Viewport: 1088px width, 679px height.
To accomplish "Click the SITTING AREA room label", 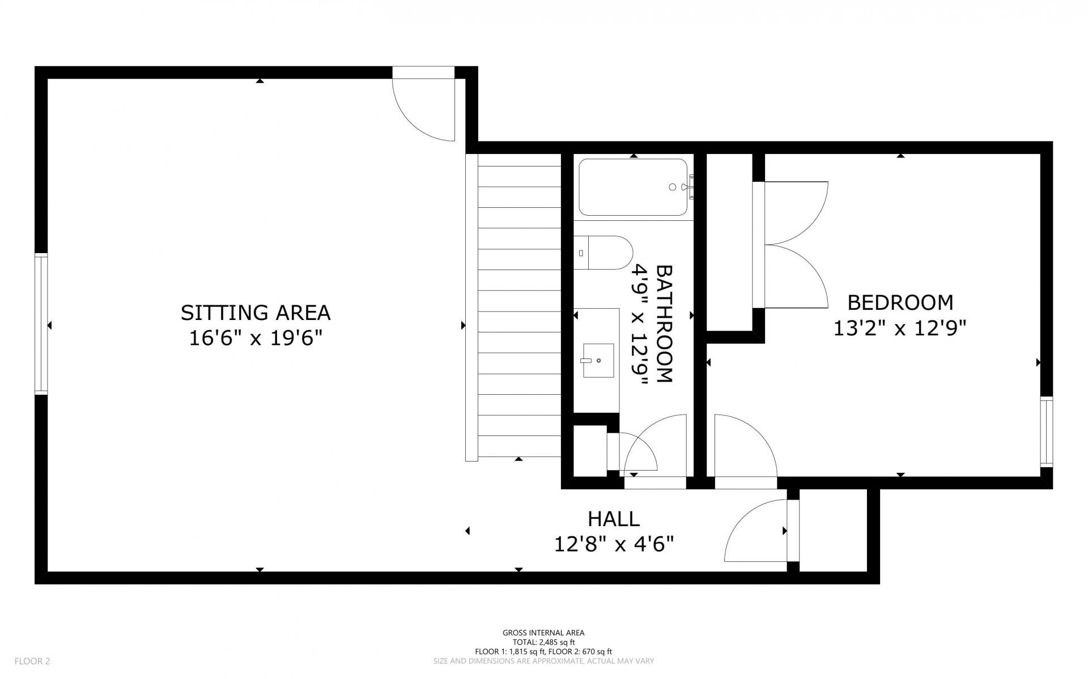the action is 256,313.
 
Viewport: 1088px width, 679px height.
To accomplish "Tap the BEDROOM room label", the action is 900,302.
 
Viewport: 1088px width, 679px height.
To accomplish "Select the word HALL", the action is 614,519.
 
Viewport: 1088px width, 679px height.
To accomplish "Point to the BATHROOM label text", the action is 664,324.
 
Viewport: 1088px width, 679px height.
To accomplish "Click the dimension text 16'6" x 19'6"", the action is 256,338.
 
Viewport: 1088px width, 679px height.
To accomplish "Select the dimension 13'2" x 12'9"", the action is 899,328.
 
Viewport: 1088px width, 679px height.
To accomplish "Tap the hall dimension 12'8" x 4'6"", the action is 614,544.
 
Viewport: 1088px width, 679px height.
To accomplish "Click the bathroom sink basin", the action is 598,360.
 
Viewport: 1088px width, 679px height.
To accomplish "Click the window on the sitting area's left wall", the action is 41,324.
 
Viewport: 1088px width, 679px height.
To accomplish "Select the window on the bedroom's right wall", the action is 1047,432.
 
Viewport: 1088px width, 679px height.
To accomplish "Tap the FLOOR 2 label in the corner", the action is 32,661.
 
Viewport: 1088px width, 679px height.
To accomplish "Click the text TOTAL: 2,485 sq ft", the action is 543,642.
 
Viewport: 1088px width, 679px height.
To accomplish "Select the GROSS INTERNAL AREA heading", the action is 543,633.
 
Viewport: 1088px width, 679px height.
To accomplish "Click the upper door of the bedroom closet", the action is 797,213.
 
